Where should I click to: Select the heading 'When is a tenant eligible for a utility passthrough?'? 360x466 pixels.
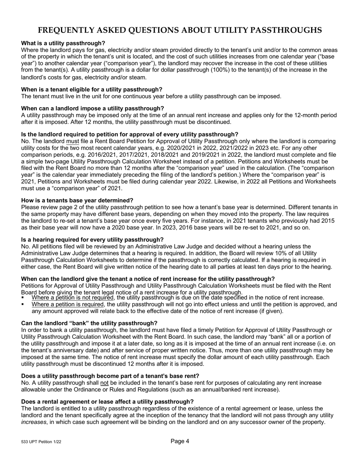(92, 89)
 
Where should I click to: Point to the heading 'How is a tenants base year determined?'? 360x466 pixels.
(77, 200)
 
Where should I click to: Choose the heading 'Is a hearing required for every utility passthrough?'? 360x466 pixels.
(92, 240)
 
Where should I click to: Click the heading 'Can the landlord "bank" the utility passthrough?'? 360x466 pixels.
(89, 323)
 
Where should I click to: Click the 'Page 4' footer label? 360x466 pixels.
(180, 441)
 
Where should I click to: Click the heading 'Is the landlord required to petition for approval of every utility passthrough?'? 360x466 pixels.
(130, 134)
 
